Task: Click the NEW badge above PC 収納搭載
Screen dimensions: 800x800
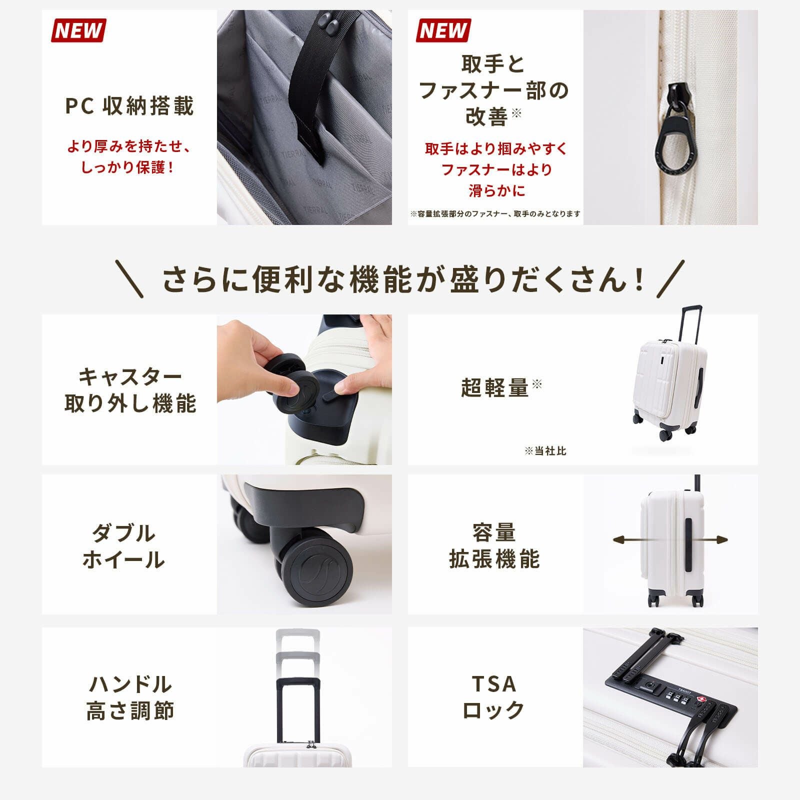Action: point(78,30)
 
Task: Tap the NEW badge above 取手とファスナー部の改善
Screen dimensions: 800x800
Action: point(443,30)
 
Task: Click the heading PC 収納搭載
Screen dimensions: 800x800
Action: point(129,106)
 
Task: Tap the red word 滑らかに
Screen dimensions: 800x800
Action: point(496,191)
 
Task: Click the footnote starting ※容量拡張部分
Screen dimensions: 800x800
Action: point(495,214)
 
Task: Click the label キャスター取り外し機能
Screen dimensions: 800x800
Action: point(129,390)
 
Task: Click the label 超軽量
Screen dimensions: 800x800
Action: point(495,388)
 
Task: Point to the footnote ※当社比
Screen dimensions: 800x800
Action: point(545,451)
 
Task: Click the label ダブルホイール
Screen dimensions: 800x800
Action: point(123,546)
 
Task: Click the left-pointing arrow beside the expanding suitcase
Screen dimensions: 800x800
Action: point(622,540)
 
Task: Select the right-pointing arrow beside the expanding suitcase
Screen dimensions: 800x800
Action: point(719,540)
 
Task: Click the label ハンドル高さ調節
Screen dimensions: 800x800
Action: point(129,697)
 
